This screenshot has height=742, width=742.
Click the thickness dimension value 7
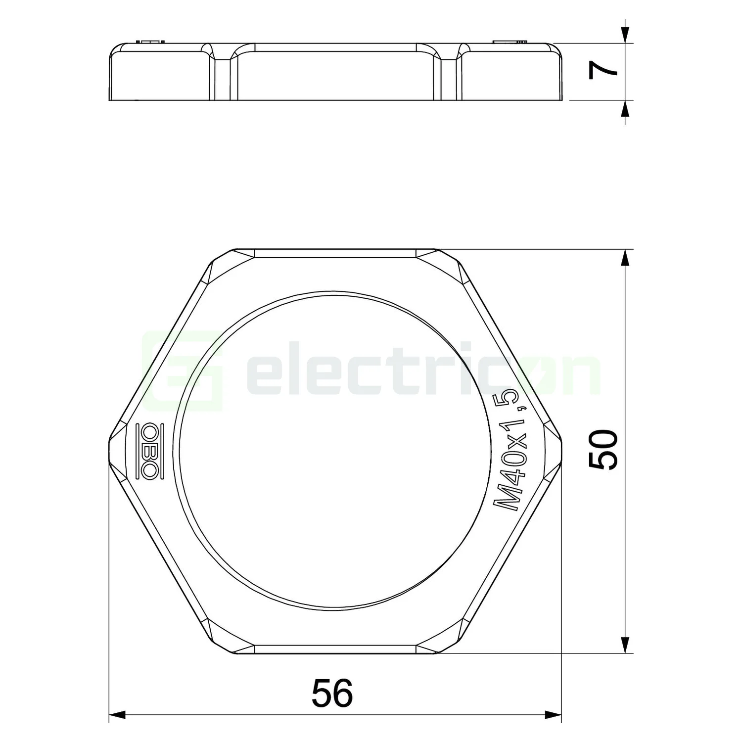[603, 71]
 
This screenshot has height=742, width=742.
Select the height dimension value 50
[603, 449]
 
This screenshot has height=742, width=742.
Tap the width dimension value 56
[332, 693]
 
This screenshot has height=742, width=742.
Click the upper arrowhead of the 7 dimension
[626, 35]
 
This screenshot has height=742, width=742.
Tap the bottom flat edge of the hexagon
[335, 653]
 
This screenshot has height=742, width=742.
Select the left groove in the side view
[223, 74]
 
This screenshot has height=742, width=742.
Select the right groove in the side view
[447, 74]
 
